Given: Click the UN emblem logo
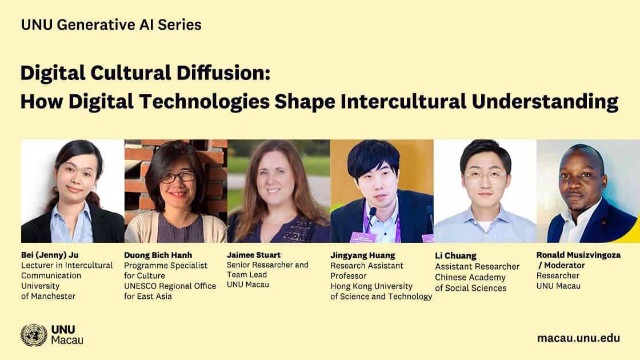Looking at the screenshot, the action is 34,335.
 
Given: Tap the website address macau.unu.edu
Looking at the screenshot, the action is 578,338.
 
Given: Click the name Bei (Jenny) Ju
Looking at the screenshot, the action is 50,255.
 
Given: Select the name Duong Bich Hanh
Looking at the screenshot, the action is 158,255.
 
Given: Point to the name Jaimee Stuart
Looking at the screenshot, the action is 254,255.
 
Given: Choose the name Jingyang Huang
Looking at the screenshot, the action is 362,255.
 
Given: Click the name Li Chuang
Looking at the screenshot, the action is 455,256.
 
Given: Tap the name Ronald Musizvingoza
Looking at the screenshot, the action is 578,255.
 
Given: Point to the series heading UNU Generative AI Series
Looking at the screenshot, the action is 111,25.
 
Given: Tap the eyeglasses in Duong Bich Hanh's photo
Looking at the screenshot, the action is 178,177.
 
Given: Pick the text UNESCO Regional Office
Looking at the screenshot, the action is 170,286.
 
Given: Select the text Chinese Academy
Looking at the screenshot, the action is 470,278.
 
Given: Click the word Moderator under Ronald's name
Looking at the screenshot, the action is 565,265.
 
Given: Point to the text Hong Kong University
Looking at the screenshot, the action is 371,286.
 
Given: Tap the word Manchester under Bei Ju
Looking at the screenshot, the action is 54,297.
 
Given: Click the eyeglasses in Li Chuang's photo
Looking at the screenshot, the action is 485,175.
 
